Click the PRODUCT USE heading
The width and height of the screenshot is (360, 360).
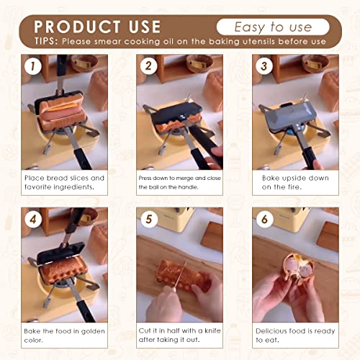(97, 27)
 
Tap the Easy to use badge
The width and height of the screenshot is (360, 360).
(273, 27)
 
